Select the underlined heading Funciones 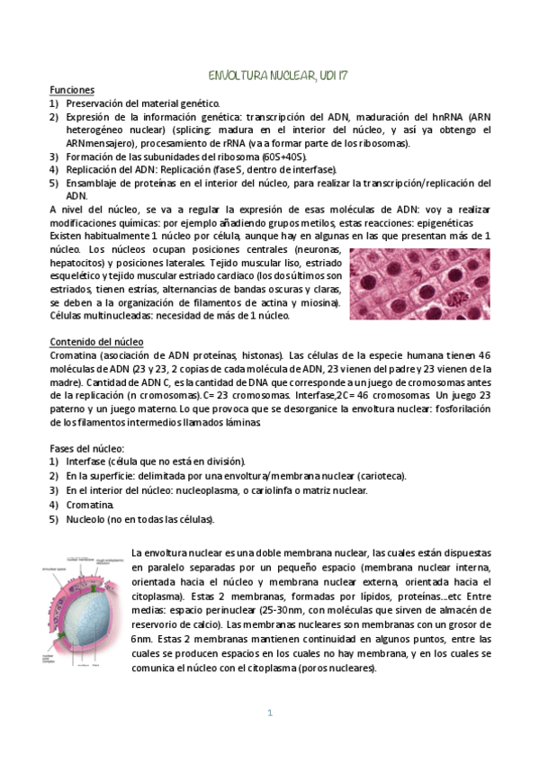point(68,91)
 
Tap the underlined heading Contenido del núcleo point(103,343)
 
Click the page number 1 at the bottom point(269,713)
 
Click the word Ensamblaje point(94,183)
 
